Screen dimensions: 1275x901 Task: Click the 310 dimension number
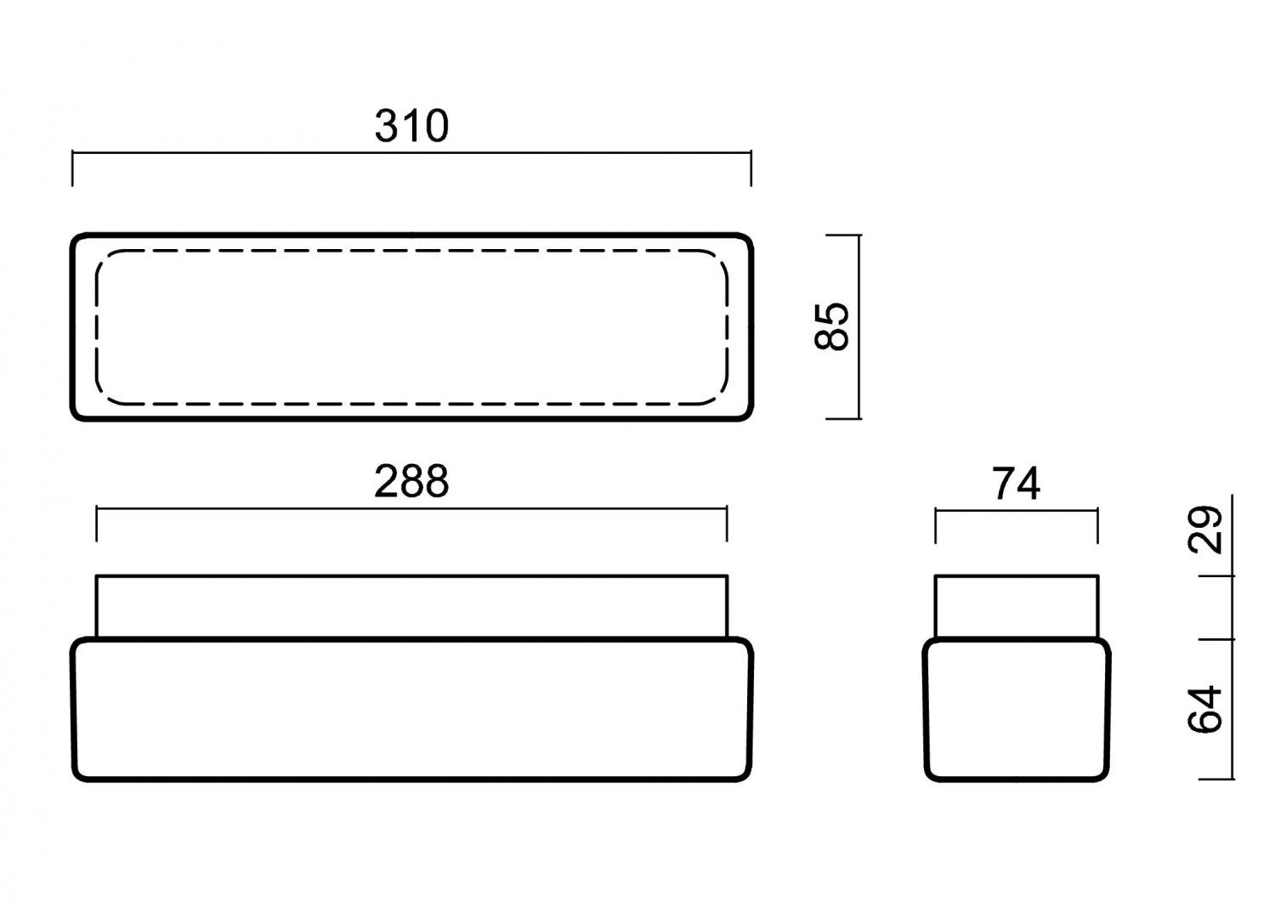(411, 127)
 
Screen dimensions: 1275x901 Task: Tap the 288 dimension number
(411, 481)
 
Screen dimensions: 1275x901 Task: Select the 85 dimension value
(831, 326)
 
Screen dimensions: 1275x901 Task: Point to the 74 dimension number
(1016, 484)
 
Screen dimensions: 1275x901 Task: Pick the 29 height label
(1204, 530)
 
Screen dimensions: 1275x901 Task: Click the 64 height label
(1204, 709)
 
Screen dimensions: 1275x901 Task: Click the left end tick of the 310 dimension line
(72, 168)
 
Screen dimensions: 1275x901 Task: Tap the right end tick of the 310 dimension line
(751, 168)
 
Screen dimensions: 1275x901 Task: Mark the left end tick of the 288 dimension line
(96, 524)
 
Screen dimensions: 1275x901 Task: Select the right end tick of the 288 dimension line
(727, 524)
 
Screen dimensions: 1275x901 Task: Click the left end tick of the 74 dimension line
(935, 526)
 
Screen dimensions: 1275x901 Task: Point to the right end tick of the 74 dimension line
(1097, 526)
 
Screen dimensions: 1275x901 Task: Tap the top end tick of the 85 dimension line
(843, 235)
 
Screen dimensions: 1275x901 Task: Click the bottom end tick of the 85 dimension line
(843, 419)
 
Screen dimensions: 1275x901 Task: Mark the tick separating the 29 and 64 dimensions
(1217, 639)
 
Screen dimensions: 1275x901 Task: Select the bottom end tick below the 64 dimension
(1217, 779)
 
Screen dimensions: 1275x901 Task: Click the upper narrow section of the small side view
(1017, 607)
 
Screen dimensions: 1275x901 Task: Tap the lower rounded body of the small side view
(1017, 709)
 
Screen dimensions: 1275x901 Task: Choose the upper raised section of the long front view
(411, 607)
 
